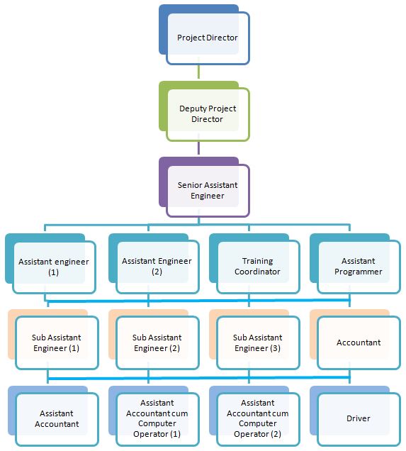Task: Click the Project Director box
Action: click(204, 35)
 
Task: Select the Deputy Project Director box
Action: click(204, 111)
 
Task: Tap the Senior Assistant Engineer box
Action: click(204, 187)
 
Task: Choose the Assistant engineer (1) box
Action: click(50, 264)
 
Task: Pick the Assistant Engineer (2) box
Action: click(154, 264)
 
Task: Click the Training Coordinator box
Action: click(254, 264)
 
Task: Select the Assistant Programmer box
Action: click(355, 264)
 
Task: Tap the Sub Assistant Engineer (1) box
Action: click(53, 340)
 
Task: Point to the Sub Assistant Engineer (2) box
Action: click(154, 340)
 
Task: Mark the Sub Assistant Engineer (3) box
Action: click(254, 340)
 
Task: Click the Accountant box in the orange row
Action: click(355, 340)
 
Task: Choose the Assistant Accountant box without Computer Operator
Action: click(53, 416)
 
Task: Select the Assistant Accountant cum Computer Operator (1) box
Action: click(154, 416)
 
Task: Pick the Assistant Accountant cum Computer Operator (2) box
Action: click(254, 416)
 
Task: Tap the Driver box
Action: click(355, 416)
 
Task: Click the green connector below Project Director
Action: click(198, 72)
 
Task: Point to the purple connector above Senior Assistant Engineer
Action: click(198, 147)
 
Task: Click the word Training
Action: click(257, 261)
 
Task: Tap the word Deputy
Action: click(191, 108)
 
